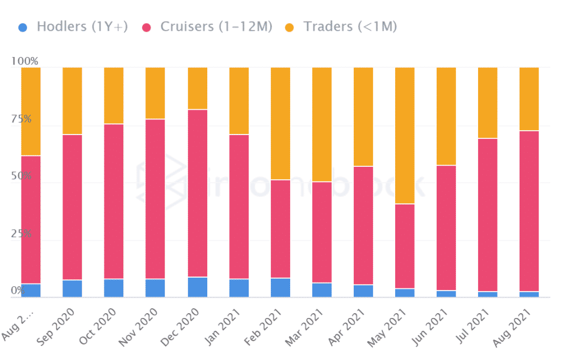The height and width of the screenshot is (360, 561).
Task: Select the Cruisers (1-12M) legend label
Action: [216, 26]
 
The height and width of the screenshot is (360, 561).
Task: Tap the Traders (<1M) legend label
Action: [350, 26]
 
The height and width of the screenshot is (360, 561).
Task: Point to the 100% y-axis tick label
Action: [25, 61]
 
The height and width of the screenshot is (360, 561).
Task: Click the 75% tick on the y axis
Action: [22, 119]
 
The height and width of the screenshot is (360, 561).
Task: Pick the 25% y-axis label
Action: [22, 234]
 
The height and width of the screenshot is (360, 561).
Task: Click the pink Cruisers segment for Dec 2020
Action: [198, 193]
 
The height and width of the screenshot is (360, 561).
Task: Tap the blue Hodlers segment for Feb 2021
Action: [280, 287]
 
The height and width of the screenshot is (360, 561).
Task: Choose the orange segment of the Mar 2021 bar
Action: [322, 124]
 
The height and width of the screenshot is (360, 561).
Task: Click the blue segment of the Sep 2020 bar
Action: [72, 288]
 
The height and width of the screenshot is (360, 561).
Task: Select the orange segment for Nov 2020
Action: [155, 93]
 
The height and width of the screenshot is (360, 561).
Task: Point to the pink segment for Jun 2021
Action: [446, 228]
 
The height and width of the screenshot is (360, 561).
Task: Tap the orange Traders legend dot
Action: [289, 26]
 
